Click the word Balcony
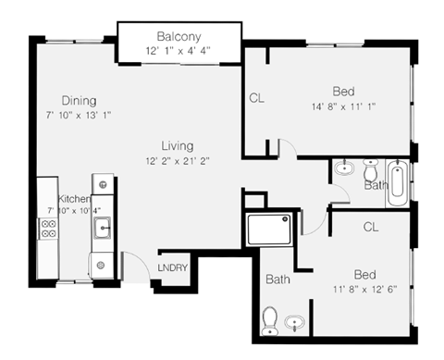coord(179,36)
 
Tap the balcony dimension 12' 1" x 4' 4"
coord(179,50)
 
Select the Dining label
coord(80,100)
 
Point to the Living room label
coord(177,145)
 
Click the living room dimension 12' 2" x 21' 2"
coord(177,160)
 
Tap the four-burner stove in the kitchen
coord(47,231)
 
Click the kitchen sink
coord(104,226)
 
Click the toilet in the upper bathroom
coord(371,170)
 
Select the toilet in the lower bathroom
coord(270,320)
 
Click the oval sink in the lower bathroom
coord(295,323)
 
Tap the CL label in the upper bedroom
coord(256,98)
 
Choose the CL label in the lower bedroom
coord(371,226)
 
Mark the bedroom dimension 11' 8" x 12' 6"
coord(364,290)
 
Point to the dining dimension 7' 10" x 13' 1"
coord(80,115)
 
